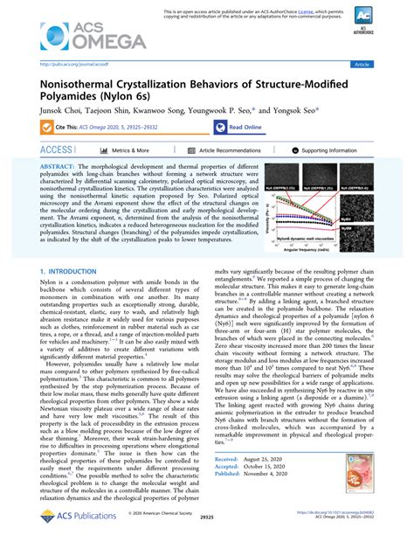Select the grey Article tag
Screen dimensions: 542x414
coord(360,64)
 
